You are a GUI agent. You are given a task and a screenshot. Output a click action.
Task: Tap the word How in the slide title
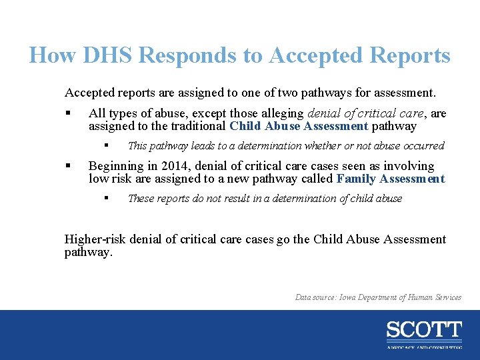(53, 55)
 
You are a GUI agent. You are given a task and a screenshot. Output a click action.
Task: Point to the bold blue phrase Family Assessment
(391, 179)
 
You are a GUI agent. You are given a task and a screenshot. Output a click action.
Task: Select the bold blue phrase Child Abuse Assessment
(299, 126)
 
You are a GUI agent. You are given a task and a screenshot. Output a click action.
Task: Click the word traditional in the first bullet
(199, 126)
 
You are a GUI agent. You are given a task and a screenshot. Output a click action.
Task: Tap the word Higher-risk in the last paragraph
(96, 239)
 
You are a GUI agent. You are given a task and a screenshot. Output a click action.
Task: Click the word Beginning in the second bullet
(114, 166)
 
